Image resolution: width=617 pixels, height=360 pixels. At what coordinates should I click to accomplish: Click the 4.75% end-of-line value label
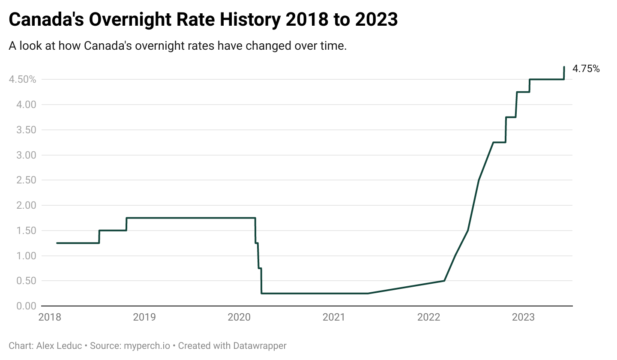pos(586,69)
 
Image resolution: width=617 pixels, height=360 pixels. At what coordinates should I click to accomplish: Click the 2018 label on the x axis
pos(50,318)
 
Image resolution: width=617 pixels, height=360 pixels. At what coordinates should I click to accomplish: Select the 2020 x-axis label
pos(239,318)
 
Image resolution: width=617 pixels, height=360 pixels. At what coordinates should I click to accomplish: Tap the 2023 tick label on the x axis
pos(523,318)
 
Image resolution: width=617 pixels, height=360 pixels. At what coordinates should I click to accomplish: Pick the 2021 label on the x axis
pos(334,318)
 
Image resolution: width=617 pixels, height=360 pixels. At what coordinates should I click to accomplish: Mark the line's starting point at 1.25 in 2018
pos(57,243)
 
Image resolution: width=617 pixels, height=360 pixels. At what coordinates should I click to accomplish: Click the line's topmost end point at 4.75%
pos(564,67)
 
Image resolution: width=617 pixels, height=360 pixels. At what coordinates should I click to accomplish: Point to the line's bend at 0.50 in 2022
pos(444,281)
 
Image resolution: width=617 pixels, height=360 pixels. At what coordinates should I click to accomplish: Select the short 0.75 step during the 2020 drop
pos(260,268)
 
